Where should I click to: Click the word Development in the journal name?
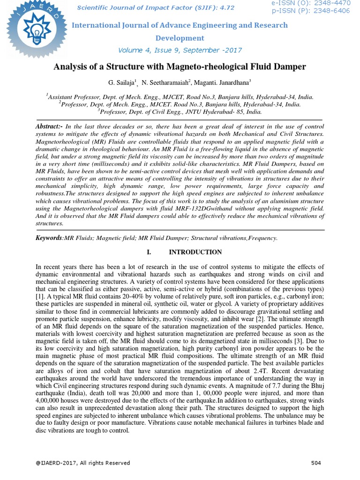point(180,38)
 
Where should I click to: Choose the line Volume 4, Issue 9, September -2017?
point(180,50)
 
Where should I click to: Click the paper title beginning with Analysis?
point(180,67)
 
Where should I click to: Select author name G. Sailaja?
point(122,82)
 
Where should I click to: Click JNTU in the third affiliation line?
point(182,112)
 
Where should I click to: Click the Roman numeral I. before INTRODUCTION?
point(150,252)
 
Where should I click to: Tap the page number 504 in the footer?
point(317,463)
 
